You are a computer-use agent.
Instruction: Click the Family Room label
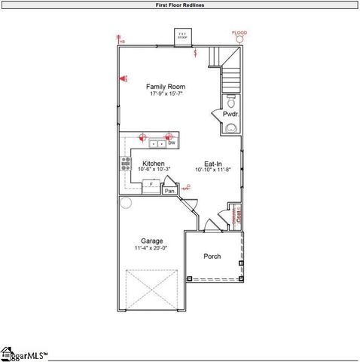165,87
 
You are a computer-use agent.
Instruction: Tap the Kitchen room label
154,163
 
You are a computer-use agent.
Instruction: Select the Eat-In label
213,163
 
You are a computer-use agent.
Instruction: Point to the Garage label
151,241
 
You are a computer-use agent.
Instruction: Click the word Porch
212,256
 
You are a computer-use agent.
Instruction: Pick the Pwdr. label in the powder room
230,114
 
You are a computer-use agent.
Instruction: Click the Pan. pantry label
169,192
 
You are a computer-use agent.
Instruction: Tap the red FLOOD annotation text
239,32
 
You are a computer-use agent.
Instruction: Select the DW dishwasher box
172,143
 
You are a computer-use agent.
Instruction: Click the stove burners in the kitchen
125,164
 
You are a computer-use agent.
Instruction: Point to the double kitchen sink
157,143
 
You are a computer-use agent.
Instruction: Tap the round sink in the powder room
230,128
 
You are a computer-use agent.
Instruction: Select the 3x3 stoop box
182,35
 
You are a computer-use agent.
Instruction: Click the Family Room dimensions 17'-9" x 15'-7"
165,94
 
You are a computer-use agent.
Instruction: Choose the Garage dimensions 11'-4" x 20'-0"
151,248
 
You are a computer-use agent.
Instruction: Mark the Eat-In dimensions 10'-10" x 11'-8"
213,170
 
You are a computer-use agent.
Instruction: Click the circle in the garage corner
126,203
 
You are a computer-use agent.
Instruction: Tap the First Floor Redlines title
179,5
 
